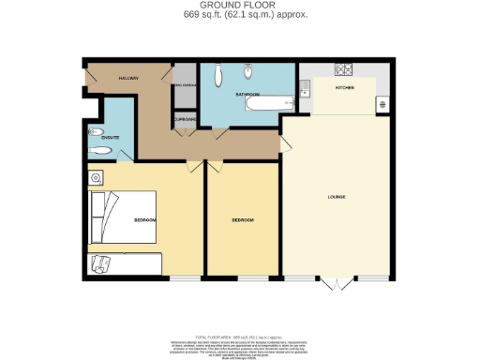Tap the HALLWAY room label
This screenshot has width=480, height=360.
pyautogui.click(x=128, y=78)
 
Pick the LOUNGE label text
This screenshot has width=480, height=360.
pyautogui.click(x=337, y=197)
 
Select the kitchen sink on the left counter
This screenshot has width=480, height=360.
pyautogui.click(x=306, y=90)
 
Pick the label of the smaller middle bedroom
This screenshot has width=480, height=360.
pyautogui.click(x=242, y=220)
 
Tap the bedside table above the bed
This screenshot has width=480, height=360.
pyautogui.click(x=97, y=176)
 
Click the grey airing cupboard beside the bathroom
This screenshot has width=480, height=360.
pyautogui.click(x=185, y=86)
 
